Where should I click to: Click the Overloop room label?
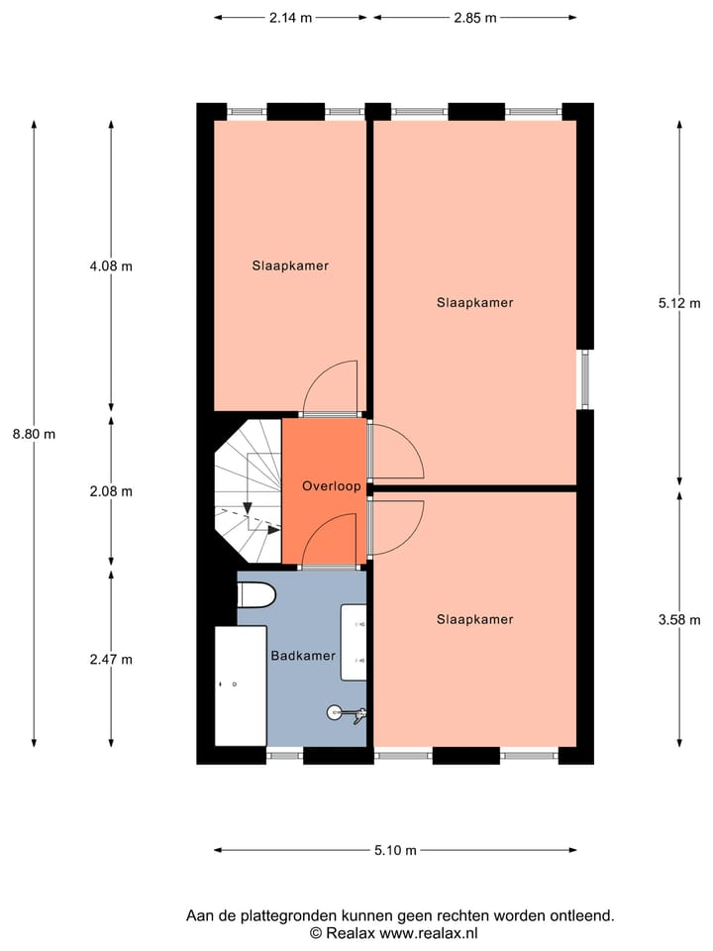click(x=331, y=486)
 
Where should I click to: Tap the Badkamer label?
click(x=303, y=656)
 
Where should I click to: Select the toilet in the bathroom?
click(x=255, y=596)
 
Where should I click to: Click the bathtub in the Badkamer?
click(x=241, y=685)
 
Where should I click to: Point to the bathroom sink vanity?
click(x=355, y=642)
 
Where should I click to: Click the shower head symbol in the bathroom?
click(x=338, y=711)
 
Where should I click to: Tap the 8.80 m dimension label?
click(x=34, y=434)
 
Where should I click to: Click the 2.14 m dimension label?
click(x=291, y=18)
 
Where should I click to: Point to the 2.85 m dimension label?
click(x=475, y=18)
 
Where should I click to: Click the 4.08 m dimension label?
click(x=111, y=265)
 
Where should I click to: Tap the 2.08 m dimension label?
click(x=111, y=491)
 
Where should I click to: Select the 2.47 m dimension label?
click(x=111, y=659)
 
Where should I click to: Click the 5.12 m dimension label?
click(x=678, y=304)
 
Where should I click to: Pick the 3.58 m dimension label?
click(x=678, y=620)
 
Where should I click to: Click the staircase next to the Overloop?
click(x=248, y=490)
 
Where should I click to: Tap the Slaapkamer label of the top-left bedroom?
click(x=290, y=265)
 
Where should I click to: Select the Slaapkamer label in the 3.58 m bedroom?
click(x=474, y=619)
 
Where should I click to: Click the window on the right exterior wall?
click(x=584, y=379)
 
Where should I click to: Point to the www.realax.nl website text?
click(x=429, y=933)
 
